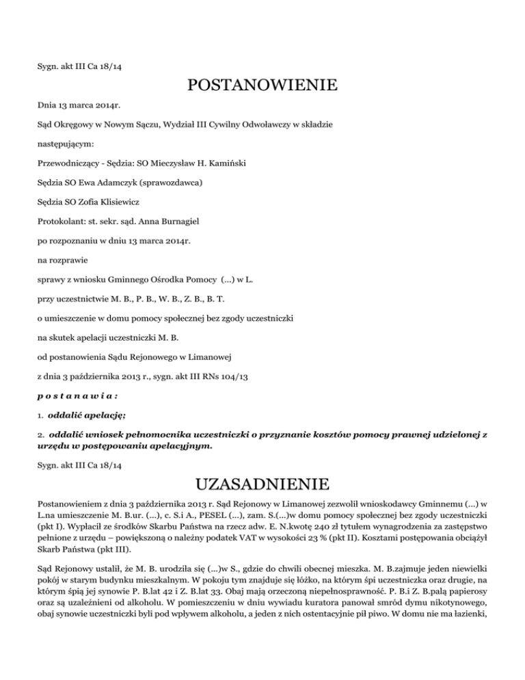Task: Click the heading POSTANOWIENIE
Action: click(262, 86)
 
